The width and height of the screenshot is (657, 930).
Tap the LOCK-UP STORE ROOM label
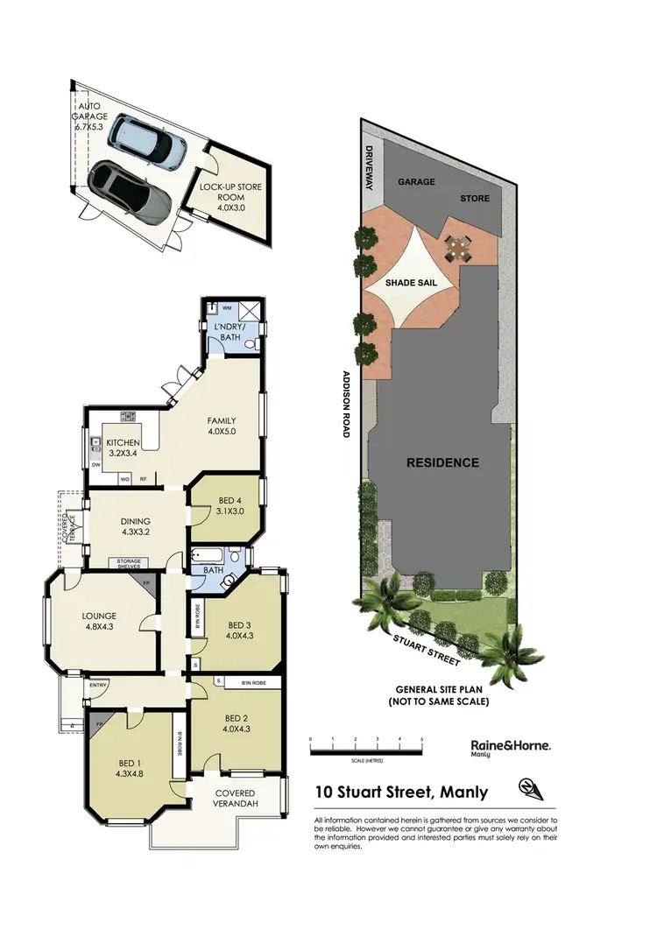pyautogui.click(x=230, y=198)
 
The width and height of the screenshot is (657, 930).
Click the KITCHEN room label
pyautogui.click(x=124, y=449)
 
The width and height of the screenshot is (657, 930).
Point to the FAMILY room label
pyautogui.click(x=222, y=426)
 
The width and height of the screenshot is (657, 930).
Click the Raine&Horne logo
pyautogui.click(x=505, y=746)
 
